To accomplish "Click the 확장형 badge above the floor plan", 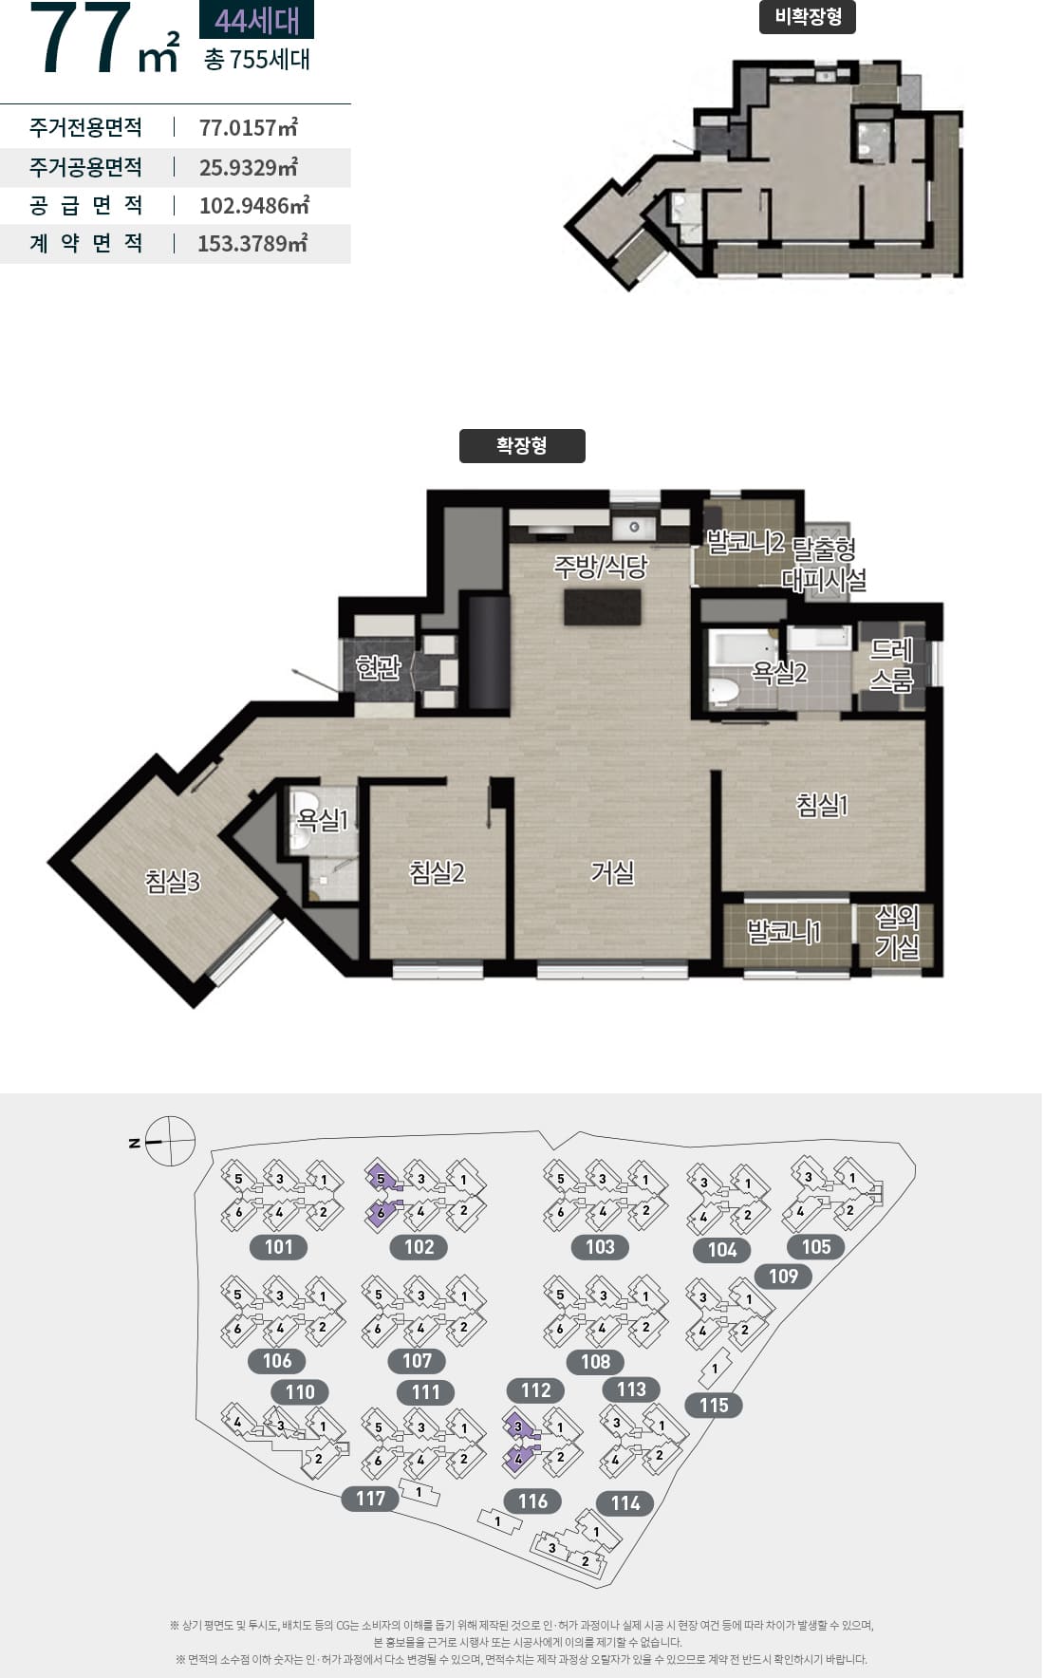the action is point(522,446).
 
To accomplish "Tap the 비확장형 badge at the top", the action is point(808,17).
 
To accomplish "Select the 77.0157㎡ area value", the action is point(249,127).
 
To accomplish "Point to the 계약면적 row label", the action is point(86,244).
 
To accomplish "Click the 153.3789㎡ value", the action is point(252,243).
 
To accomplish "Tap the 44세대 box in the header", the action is point(256,20).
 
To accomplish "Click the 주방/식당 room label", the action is point(601,567).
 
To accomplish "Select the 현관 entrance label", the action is point(379,668).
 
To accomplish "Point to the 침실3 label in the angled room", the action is point(173,882).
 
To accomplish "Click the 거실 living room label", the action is point(612,872).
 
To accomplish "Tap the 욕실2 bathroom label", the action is point(779,673).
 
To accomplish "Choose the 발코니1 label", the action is point(784,932).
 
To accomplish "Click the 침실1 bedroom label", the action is point(822,805).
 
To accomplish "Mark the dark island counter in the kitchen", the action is point(603,607).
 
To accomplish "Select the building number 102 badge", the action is point(419,1247).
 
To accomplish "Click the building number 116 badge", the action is point(532,1501).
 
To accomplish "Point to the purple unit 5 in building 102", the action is point(381,1179).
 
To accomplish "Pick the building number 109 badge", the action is point(783,1277).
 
